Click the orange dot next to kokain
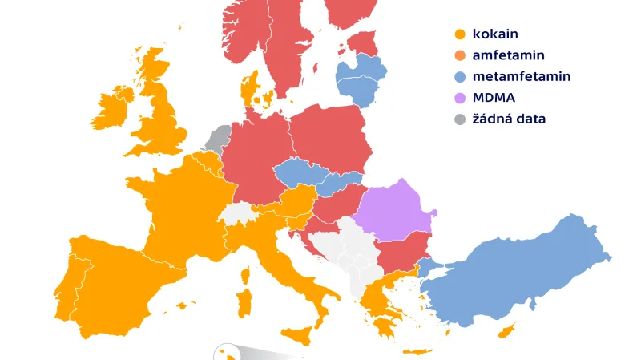pos(459,34)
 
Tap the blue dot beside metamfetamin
pos(459,77)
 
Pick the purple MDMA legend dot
pos(459,98)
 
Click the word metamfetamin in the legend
pos(522,77)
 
